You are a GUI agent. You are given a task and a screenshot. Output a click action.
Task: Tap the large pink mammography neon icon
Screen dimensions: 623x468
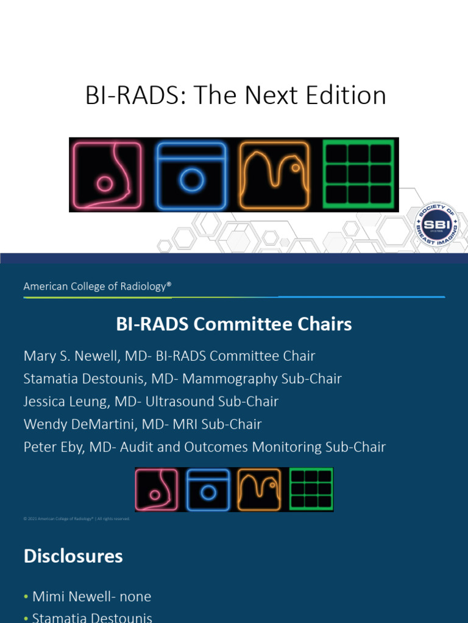coord(106,175)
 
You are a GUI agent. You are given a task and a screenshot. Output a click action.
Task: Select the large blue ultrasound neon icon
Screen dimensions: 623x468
coord(191,175)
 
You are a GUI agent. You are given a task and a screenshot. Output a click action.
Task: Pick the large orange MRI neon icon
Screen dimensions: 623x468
coord(274,175)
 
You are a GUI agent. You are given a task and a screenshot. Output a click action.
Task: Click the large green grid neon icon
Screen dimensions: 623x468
coord(358,175)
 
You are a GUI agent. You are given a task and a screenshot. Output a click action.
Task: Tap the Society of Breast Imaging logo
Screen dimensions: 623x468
coord(437,224)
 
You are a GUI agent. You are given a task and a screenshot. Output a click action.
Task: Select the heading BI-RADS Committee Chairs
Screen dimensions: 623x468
coord(234,324)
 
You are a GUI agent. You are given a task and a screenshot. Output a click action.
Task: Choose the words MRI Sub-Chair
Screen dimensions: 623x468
coord(225,424)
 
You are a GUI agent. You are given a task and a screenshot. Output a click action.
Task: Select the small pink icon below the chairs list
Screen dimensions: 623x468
coord(157,489)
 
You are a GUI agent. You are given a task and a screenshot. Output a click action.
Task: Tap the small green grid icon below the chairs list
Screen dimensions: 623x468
coord(311,489)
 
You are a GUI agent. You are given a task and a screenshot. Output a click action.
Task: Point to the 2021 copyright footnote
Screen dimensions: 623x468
coord(77,519)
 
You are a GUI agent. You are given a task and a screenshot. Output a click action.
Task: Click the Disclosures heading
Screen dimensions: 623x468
coord(73,556)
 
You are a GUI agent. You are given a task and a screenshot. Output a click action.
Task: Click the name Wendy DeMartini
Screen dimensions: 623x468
coord(82,424)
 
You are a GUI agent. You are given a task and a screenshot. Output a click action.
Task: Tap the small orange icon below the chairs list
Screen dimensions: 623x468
coord(259,489)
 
